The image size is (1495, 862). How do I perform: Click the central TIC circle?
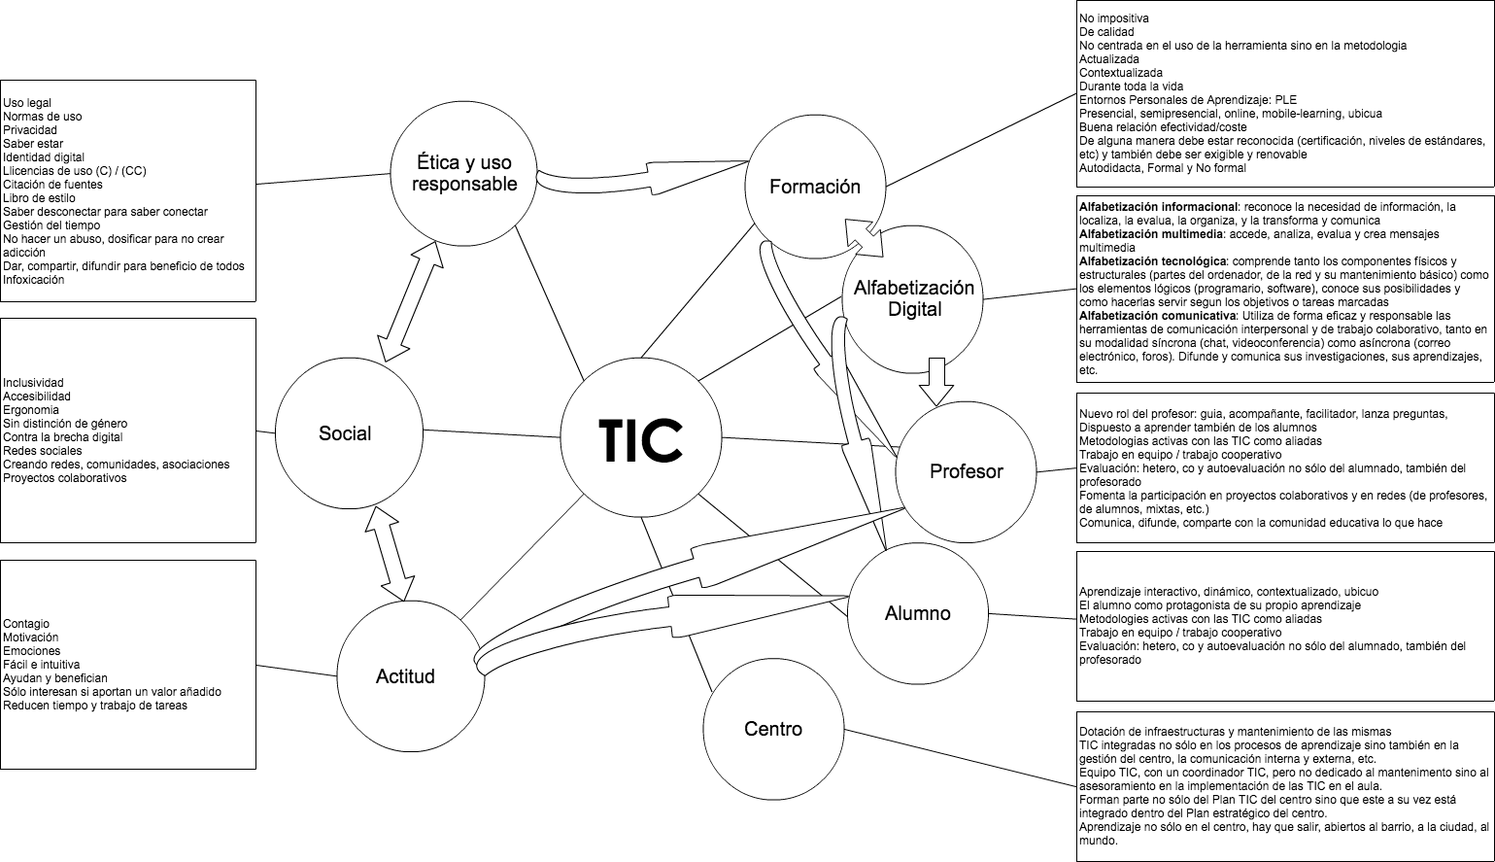pos(639,440)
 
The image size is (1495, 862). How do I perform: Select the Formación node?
pos(814,187)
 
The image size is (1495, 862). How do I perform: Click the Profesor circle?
pos(966,471)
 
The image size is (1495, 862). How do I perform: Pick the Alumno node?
pos(917,613)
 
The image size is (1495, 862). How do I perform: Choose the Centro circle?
pos(772,728)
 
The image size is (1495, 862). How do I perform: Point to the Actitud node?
pos(405,676)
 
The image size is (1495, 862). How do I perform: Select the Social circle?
pos(345,432)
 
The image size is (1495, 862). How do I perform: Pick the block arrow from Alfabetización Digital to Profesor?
pos(936,379)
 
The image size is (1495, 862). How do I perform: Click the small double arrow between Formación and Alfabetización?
pos(863,236)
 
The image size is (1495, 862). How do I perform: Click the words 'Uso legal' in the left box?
pos(27,103)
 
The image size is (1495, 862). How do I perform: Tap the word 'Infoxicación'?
pos(34,280)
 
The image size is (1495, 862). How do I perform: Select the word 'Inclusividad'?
pos(33,383)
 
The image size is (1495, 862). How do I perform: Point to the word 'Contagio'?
pos(26,624)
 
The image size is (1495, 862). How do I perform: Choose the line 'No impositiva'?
pos(1115,18)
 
